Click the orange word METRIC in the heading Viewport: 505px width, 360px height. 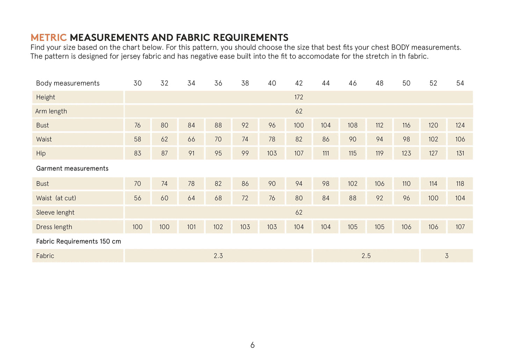(49, 38)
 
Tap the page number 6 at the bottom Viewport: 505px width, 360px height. (252, 345)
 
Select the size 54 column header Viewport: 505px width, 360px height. (460, 83)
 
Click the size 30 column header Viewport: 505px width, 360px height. (138, 83)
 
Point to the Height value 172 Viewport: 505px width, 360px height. (298, 97)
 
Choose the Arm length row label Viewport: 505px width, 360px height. (51, 111)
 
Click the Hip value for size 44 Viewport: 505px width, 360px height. (326, 153)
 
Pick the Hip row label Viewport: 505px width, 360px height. (41, 153)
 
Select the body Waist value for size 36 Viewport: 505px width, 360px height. (218, 139)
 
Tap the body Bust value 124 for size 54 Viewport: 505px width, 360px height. (460, 125)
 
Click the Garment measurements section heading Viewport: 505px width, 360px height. (72, 168)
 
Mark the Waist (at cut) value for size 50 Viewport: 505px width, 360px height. (406, 198)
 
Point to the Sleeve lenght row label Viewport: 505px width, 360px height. (55, 213)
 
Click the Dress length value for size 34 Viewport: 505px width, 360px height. (191, 227)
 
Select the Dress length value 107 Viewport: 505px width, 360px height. (460, 227)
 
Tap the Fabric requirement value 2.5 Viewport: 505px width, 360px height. (366, 256)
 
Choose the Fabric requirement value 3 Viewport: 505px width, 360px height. (447, 256)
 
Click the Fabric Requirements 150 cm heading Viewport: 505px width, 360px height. (79, 242)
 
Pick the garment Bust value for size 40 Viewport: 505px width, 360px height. (272, 183)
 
